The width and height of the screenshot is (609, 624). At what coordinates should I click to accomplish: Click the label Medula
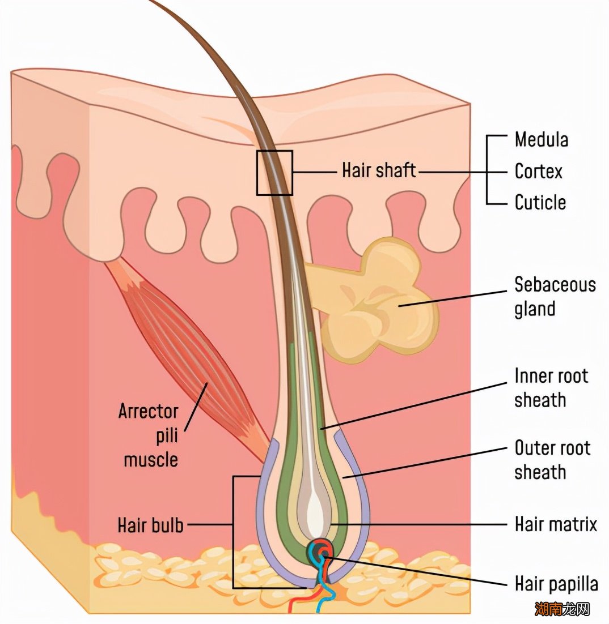click(x=541, y=139)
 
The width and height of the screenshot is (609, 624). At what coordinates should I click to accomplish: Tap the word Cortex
click(x=538, y=171)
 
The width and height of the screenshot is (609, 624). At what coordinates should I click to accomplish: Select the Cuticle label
click(x=540, y=202)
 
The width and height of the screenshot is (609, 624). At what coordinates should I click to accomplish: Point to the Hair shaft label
click(x=379, y=170)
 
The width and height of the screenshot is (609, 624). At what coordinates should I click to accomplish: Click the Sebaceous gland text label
click(x=555, y=296)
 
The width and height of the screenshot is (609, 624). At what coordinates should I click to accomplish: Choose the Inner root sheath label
click(x=551, y=388)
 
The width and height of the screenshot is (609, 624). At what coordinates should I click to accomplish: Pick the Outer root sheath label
click(x=552, y=460)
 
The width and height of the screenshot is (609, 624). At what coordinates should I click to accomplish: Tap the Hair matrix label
click(x=555, y=524)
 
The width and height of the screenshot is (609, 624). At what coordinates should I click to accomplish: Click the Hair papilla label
click(x=556, y=583)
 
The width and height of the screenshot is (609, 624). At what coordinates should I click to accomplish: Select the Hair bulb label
click(x=150, y=524)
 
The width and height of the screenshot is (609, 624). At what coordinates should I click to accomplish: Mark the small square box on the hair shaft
click(x=274, y=173)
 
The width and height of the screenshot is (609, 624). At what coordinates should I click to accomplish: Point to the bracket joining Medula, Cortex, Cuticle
click(x=488, y=170)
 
